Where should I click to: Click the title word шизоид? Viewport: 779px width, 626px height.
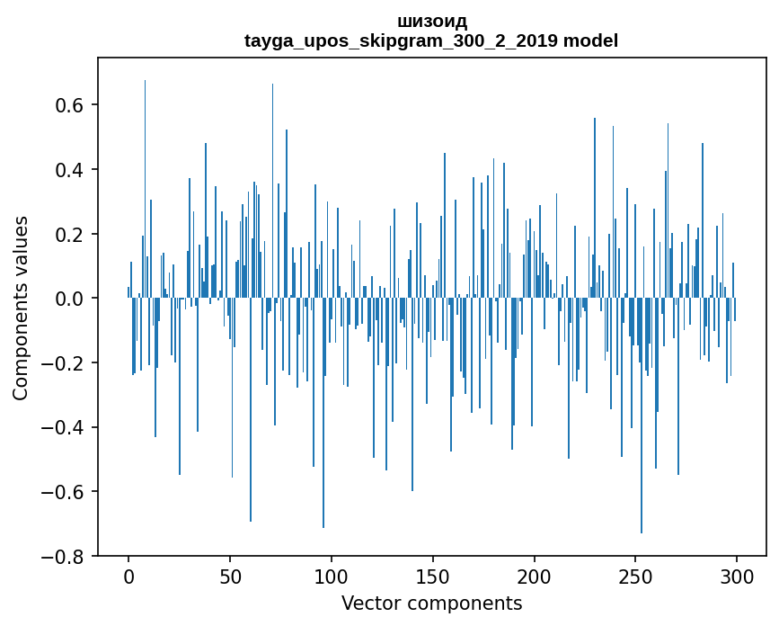(431, 22)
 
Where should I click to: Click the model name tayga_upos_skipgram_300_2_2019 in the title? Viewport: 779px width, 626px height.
(401, 40)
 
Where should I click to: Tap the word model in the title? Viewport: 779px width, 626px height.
(590, 40)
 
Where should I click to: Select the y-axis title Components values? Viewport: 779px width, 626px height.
(21, 309)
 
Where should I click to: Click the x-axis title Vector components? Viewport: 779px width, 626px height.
(431, 604)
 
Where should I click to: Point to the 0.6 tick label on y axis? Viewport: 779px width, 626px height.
(69, 105)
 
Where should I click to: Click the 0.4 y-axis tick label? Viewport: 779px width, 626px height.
(69, 170)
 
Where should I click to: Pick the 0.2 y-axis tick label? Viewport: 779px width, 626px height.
(69, 234)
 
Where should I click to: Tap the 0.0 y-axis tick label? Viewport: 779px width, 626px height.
(69, 299)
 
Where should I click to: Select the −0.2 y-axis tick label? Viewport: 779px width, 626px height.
(62, 363)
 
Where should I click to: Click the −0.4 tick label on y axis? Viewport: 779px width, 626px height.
(62, 427)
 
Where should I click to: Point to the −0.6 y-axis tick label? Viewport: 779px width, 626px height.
(62, 492)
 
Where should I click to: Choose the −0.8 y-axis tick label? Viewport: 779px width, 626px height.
(62, 557)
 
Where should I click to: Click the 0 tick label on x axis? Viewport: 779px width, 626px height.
(128, 577)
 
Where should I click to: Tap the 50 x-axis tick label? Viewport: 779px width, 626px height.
(230, 577)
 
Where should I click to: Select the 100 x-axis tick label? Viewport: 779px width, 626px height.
(332, 577)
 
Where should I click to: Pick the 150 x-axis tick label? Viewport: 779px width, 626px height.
(433, 577)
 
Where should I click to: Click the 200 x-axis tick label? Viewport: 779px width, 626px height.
(534, 577)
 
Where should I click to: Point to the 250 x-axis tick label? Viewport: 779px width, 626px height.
(635, 577)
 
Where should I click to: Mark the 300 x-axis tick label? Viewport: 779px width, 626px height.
(737, 577)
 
